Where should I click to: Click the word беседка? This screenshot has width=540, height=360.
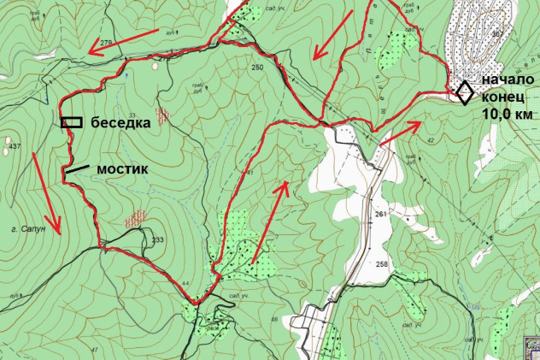(x=121, y=122)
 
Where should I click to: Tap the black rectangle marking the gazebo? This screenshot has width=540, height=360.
(x=72, y=121)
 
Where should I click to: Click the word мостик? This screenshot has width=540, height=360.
(x=122, y=169)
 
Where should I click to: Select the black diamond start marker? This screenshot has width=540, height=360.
(x=464, y=91)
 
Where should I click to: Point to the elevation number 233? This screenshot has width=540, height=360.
(x=157, y=240)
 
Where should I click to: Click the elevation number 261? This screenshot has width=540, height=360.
(x=379, y=214)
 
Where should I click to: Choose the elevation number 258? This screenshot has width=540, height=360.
(x=381, y=264)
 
